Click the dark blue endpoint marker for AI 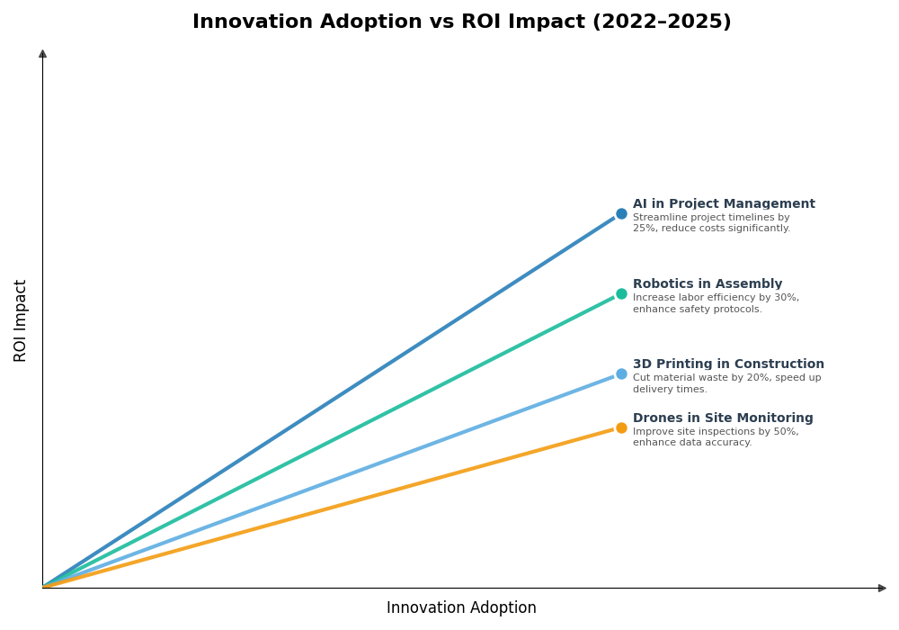click(621, 213)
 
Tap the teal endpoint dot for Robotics click(621, 293)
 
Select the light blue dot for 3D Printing click(621, 373)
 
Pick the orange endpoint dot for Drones click(621, 427)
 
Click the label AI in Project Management click(724, 204)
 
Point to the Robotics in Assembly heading click(708, 284)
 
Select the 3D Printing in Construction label click(728, 364)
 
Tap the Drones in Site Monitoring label click(723, 418)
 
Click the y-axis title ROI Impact click(21, 320)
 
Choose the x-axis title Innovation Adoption click(461, 608)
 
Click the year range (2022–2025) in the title click(662, 22)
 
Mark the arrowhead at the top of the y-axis click(42, 54)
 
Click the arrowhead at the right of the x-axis click(882, 588)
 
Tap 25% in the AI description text click(644, 229)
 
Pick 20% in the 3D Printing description click(736, 378)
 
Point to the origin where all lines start click(43, 587)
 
